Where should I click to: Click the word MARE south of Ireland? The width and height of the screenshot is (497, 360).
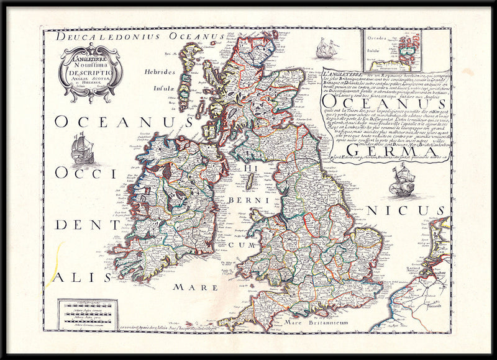click(x=195, y=287)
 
